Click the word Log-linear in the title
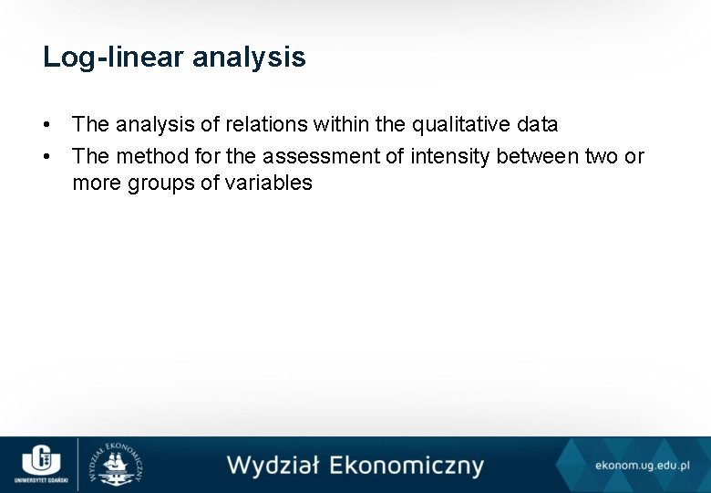point(109,58)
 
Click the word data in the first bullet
point(537,124)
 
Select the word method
point(145,157)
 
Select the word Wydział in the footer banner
point(273,466)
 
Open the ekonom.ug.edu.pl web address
point(642,466)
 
